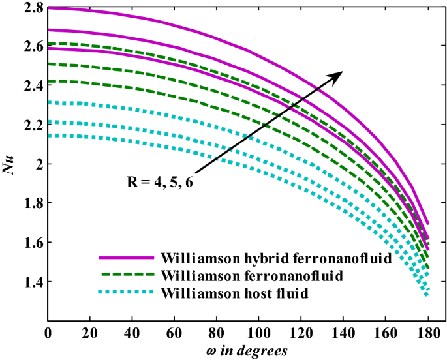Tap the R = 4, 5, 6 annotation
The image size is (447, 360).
(159, 181)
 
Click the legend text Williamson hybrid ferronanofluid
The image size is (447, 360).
(279, 258)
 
